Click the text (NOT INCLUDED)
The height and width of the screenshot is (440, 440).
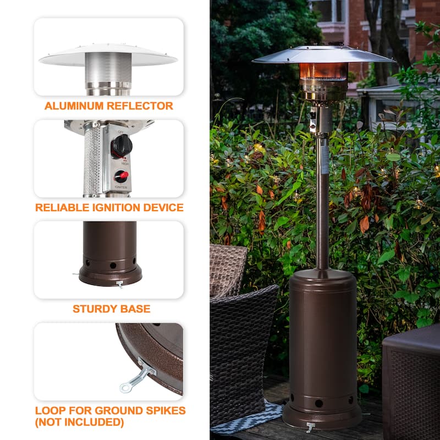tap(79, 422)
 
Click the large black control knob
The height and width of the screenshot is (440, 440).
tap(121, 146)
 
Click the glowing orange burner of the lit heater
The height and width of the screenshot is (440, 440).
tap(323, 71)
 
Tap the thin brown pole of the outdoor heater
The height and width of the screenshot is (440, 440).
tap(322, 209)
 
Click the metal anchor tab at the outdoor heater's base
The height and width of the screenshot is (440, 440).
tap(311, 427)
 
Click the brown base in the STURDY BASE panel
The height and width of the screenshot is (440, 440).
tap(110, 258)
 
